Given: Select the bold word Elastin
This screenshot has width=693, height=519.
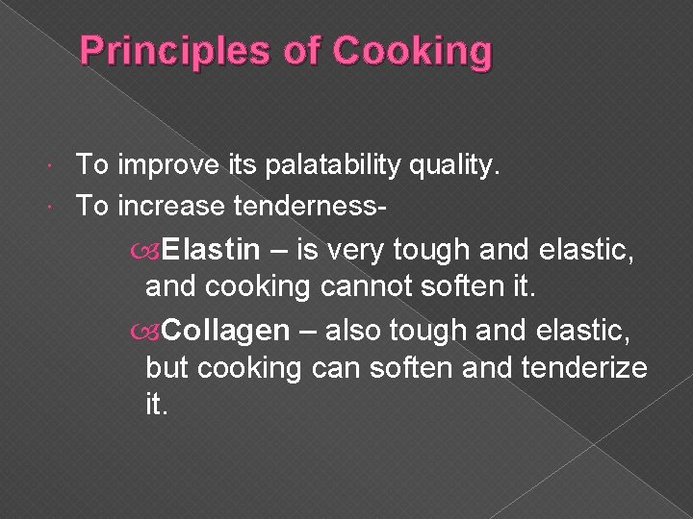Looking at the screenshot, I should click(211, 251).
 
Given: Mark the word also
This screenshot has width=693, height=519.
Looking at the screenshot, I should click(360, 332).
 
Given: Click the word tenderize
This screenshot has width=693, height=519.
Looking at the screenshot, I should click(583, 366).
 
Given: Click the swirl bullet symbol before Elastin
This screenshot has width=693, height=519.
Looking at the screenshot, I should click(152, 252).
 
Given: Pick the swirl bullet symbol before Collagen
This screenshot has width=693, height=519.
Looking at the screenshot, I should click(152, 333).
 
